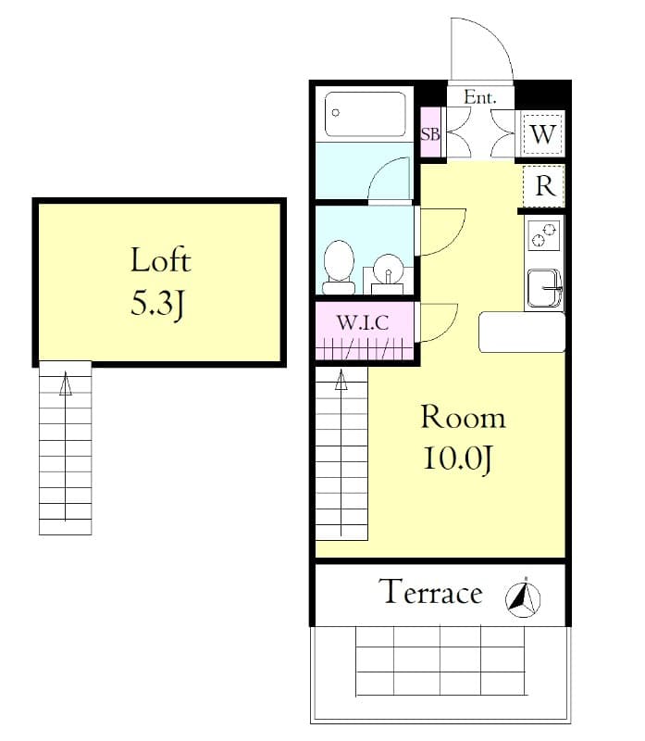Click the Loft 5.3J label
click(x=159, y=281)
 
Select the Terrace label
click(x=432, y=593)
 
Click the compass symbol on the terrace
click(x=523, y=597)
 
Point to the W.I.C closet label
click(x=361, y=323)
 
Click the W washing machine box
click(x=543, y=134)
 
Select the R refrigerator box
click(x=544, y=186)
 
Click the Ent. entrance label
click(x=480, y=96)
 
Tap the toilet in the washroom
click(x=339, y=262)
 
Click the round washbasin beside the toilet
click(x=389, y=275)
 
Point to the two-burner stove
click(x=543, y=235)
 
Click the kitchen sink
click(x=544, y=288)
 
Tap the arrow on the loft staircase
click(x=65, y=384)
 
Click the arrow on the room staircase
click(x=341, y=380)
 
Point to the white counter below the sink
click(x=521, y=332)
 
